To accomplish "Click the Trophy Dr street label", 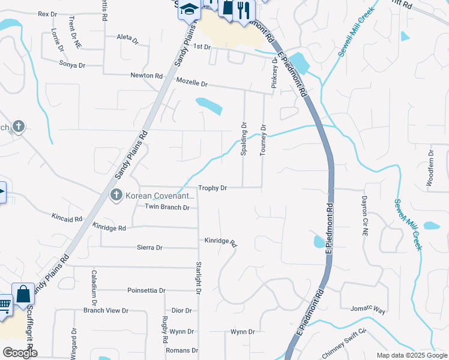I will click(x=212, y=188).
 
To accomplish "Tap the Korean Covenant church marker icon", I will click(x=116, y=195).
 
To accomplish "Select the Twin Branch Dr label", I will click(x=167, y=207).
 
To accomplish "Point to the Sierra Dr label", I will click(x=150, y=247).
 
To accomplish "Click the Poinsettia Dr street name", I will click(x=146, y=290).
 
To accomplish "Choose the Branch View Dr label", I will click(x=106, y=310).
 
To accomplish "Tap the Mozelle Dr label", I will click(x=191, y=83).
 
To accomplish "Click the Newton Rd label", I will click(x=146, y=76).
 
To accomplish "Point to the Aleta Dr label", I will click(x=127, y=37).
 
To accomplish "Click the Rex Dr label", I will click(x=47, y=13).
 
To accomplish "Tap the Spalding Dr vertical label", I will click(x=244, y=139).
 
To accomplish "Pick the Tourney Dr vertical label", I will click(x=263, y=140).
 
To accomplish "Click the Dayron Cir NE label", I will click(x=364, y=214).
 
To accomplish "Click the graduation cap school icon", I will click(x=189, y=10).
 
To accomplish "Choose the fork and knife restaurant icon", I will click(x=243, y=9).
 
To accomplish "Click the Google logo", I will click(x=20, y=353).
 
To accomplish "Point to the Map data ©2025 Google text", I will click(x=411, y=355).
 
